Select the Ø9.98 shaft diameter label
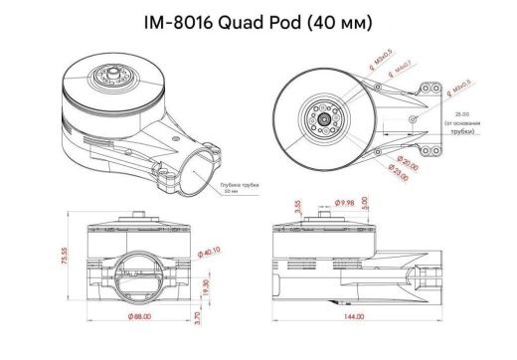coord(341,204)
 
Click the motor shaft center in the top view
coord(325,117)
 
